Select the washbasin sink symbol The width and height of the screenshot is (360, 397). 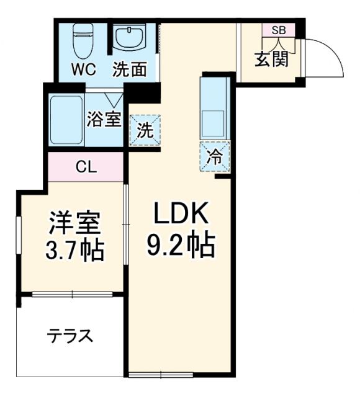(x=129, y=38)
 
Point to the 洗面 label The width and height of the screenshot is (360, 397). (x=129, y=69)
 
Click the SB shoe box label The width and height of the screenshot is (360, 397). (x=278, y=30)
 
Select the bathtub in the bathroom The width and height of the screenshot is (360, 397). (x=66, y=119)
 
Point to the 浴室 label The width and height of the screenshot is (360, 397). (x=104, y=118)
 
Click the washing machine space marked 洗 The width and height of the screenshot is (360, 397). (x=144, y=130)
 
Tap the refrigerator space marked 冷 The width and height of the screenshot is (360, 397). (x=215, y=156)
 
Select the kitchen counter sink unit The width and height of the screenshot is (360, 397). (x=215, y=108)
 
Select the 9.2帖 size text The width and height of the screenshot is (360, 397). (x=180, y=247)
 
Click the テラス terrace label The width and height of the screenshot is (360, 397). (x=70, y=336)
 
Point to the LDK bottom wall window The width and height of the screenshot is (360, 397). (x=152, y=374)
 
